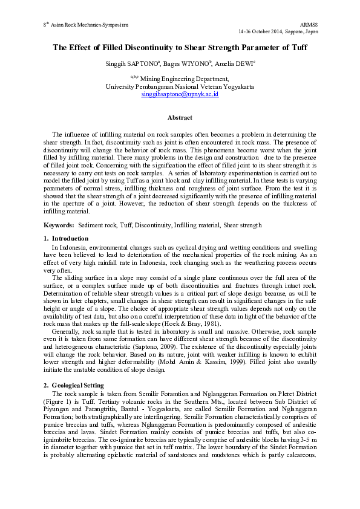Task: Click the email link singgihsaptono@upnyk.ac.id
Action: [x=180, y=95]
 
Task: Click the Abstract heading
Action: [x=180, y=117]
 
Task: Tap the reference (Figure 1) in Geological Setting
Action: [x=59, y=400]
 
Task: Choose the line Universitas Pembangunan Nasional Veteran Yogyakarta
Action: [x=180, y=86]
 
